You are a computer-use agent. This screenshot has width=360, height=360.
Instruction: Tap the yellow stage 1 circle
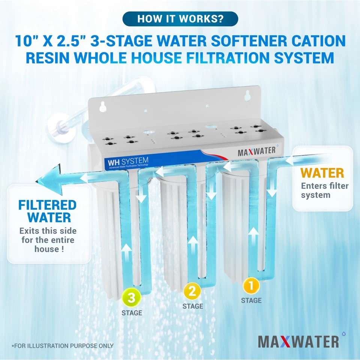(x=251, y=286)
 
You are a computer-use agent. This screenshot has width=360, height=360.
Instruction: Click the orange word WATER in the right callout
(x=322, y=173)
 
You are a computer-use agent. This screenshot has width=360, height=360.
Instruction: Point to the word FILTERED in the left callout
(x=47, y=205)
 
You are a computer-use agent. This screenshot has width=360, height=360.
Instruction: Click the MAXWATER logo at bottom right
(x=298, y=341)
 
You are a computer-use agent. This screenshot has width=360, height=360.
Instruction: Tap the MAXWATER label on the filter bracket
(x=257, y=152)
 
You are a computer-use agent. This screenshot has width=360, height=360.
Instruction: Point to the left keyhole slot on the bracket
(x=101, y=108)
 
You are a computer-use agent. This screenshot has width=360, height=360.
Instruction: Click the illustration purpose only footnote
(x=62, y=346)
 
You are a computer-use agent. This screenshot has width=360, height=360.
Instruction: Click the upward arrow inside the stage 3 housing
(x=127, y=251)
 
